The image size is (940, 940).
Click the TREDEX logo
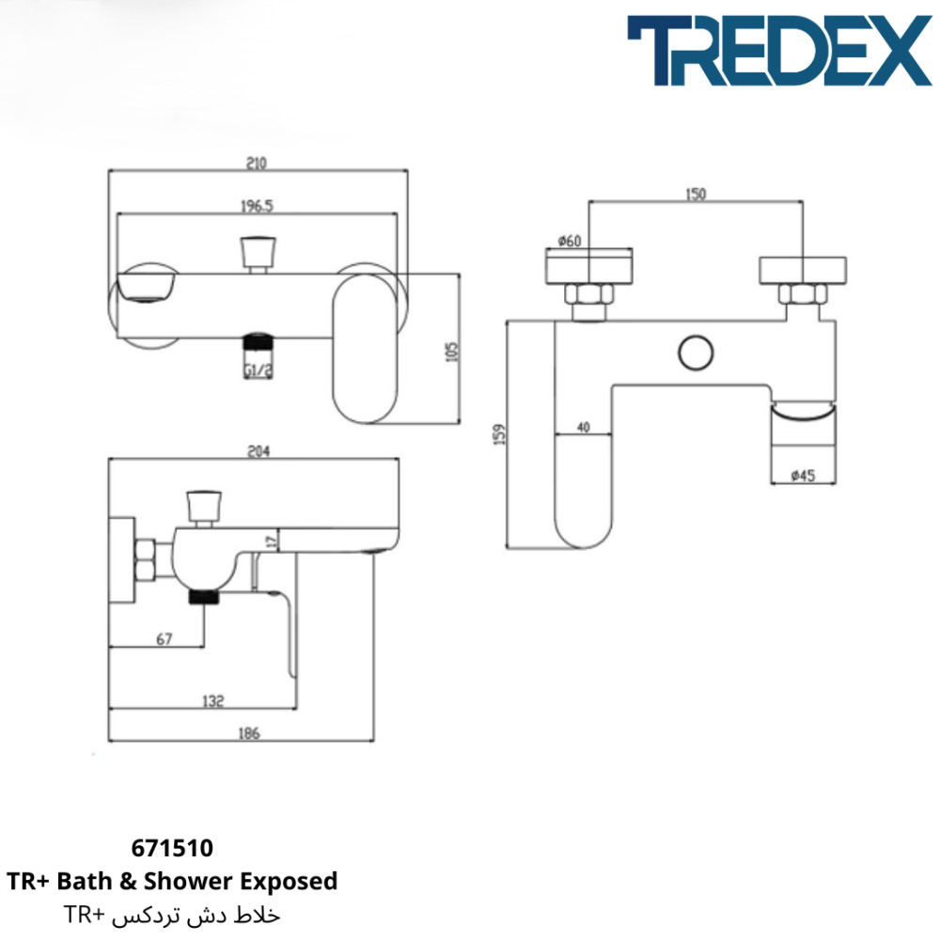pyautogui.click(x=779, y=51)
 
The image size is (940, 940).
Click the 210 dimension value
pyautogui.click(x=257, y=163)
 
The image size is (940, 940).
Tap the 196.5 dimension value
pyautogui.click(x=257, y=206)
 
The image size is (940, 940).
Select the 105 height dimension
pyautogui.click(x=453, y=352)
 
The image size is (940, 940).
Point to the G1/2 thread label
pyautogui.click(x=258, y=371)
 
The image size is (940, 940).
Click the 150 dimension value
pyautogui.click(x=696, y=195)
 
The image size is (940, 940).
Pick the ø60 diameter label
pyautogui.click(x=570, y=241)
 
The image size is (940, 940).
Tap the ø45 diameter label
pyautogui.click(x=803, y=476)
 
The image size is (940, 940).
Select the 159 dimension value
pyautogui.click(x=500, y=434)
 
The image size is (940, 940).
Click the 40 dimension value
pyautogui.click(x=584, y=427)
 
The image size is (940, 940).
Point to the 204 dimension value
pyautogui.click(x=259, y=451)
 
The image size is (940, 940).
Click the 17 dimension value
pyautogui.click(x=272, y=541)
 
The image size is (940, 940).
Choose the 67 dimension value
pyautogui.click(x=164, y=639)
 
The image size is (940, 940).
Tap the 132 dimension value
pyautogui.click(x=213, y=701)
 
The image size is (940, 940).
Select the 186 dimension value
pyautogui.click(x=249, y=732)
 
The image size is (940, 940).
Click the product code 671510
pyautogui.click(x=172, y=848)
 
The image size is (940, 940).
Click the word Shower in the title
pyautogui.click(x=189, y=881)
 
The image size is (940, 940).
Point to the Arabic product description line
pyautogui.click(x=171, y=915)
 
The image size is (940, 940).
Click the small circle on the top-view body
pyautogui.click(x=696, y=352)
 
